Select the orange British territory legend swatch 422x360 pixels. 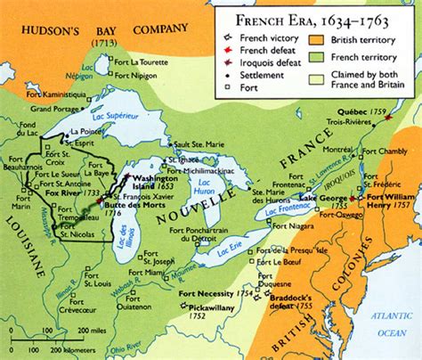pos(317,39)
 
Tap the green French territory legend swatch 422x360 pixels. pos(317,58)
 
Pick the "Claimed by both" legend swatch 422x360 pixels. pos(317,78)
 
